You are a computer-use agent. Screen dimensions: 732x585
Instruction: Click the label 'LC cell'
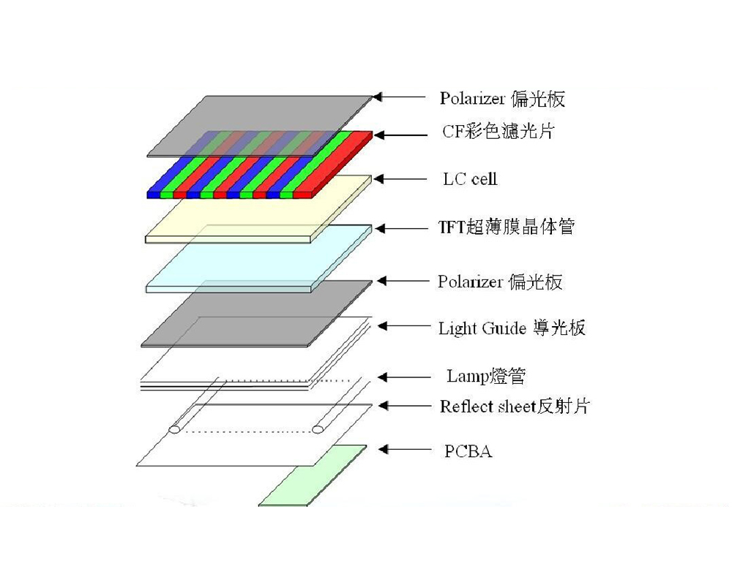(x=470, y=179)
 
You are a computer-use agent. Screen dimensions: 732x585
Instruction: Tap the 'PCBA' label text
(x=468, y=451)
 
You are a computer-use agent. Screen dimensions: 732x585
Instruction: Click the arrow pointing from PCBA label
(x=406, y=450)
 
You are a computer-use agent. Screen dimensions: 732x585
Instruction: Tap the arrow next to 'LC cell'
(x=400, y=179)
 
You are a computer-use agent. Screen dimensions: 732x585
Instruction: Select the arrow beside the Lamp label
(x=404, y=377)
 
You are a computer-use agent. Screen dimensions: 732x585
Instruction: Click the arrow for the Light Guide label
(x=404, y=326)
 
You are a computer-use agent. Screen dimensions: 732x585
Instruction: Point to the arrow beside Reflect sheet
(x=404, y=406)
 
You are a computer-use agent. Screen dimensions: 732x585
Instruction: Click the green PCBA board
(x=313, y=476)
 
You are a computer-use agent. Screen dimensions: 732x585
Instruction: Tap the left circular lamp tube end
(x=175, y=429)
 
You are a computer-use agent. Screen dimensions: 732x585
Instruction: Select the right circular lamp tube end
(x=318, y=429)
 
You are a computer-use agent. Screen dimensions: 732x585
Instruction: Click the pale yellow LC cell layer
(x=258, y=209)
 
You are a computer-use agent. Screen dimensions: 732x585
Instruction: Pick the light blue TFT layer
(x=259, y=259)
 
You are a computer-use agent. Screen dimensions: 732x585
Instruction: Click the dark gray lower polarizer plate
(x=257, y=314)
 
